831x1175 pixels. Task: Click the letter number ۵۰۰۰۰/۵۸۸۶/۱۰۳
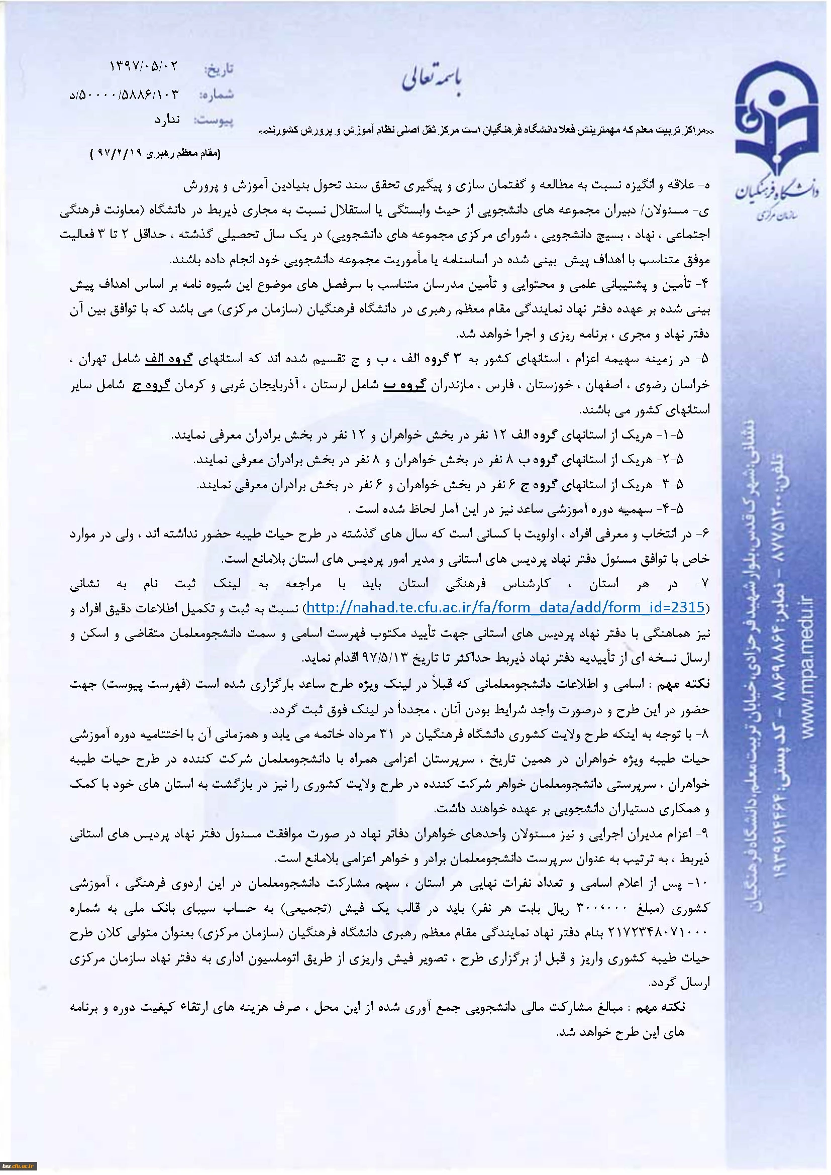pos(129,94)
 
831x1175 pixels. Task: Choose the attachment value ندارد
pos(167,120)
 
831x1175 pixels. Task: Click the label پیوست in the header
pos(214,121)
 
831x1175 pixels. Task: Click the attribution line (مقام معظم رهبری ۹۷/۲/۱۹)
pos(154,154)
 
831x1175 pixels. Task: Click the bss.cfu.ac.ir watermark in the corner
pos(19,1166)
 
